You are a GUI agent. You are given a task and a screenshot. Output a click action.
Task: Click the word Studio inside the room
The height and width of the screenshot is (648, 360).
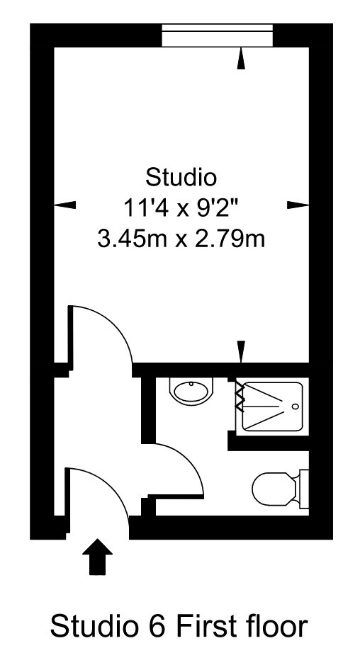tap(181, 175)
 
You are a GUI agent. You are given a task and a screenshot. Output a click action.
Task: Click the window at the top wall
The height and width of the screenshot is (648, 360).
tap(217, 35)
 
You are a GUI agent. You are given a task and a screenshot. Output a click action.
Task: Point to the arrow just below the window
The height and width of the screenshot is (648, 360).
tap(241, 59)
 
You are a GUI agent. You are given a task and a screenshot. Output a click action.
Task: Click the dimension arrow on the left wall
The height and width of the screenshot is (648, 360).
tap(65, 205)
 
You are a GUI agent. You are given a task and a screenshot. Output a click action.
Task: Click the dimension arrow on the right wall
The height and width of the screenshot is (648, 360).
tap(298, 205)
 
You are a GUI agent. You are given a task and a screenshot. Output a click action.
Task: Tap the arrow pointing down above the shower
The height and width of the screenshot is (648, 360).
tap(241, 351)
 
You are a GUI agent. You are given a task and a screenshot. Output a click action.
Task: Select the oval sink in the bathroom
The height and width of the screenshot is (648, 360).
tap(191, 391)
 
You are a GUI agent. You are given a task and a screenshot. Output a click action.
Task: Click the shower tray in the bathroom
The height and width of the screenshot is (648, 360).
tap(273, 406)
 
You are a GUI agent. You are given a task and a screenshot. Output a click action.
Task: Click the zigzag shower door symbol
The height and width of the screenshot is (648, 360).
tap(240, 399)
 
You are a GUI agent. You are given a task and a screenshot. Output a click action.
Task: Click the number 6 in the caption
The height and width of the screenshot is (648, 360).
tap(159, 627)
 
